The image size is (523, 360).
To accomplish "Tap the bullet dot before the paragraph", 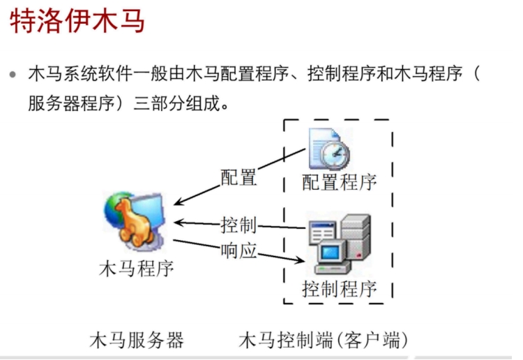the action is click(13, 73).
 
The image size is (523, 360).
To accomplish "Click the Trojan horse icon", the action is click(136, 221).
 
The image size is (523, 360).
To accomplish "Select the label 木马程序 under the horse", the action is click(137, 267).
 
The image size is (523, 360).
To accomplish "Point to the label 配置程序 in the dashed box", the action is click(340, 182).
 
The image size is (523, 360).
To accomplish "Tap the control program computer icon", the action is click(339, 244).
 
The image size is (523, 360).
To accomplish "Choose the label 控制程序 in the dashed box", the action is click(340, 287).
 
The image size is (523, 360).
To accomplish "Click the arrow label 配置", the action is click(239, 177).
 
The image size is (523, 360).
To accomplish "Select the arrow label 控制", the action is click(239, 225).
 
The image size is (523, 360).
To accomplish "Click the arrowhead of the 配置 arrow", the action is click(177, 203).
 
